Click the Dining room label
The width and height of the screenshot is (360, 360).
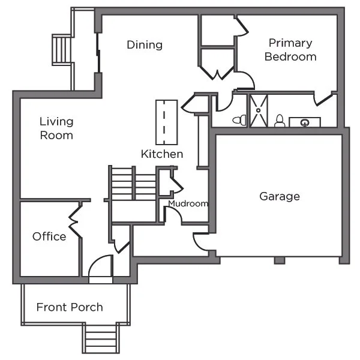(x=145, y=45)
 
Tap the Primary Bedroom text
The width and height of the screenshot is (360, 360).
(x=290, y=50)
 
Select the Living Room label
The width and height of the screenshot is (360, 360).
(x=56, y=128)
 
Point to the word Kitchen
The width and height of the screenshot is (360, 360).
(x=162, y=154)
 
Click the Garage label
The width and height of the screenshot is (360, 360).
(x=280, y=196)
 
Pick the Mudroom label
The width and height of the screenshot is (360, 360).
(x=188, y=203)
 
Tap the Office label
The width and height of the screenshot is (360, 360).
(x=49, y=236)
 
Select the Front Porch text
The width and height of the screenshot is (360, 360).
(x=70, y=307)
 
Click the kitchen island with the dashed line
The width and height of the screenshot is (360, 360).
(x=166, y=122)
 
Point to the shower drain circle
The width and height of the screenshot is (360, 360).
(x=259, y=110)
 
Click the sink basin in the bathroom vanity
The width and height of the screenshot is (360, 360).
(x=305, y=123)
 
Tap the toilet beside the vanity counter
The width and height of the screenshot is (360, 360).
(x=280, y=121)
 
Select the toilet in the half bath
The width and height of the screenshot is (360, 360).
(x=239, y=119)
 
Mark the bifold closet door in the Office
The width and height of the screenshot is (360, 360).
(x=74, y=221)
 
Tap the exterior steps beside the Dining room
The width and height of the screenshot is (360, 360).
(x=61, y=50)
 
